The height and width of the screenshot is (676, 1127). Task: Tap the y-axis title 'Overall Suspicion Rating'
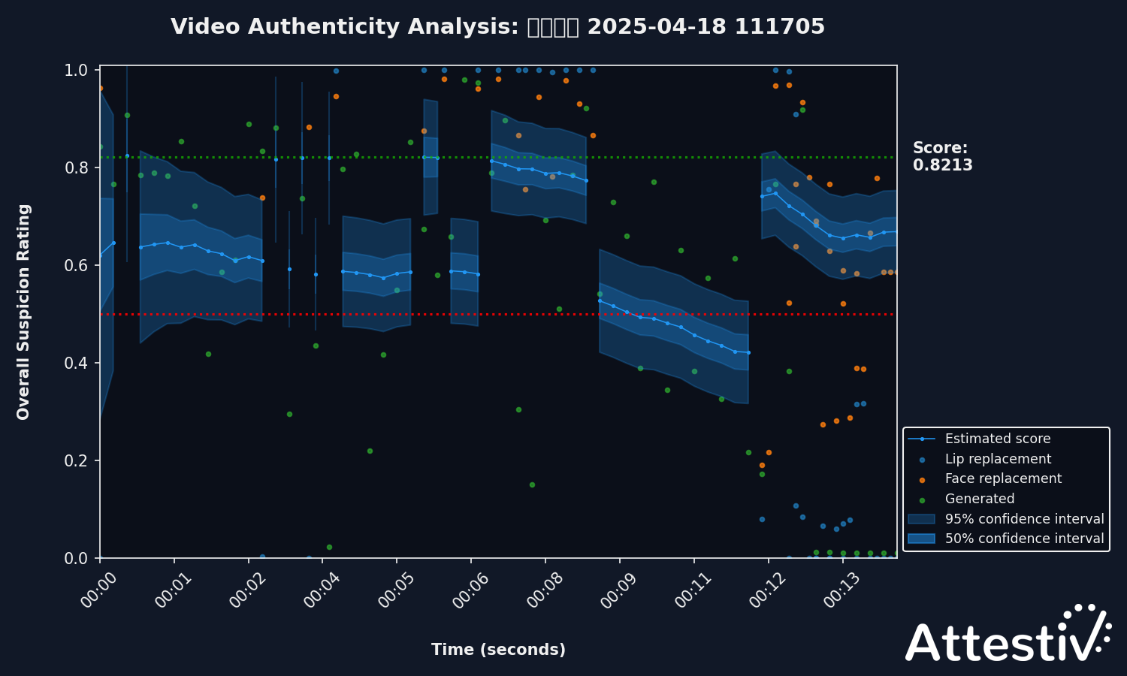[x=23, y=312]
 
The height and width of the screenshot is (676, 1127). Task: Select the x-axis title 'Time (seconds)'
[x=498, y=650]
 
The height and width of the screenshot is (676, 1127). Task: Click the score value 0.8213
[x=942, y=165]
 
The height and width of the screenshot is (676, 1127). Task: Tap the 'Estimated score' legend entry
[x=997, y=439]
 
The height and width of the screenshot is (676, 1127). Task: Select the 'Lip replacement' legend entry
[x=998, y=459]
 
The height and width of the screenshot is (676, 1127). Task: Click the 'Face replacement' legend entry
[x=1003, y=478]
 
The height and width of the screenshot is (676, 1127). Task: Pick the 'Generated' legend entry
[x=979, y=499]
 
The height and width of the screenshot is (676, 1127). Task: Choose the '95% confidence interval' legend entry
[x=1024, y=519]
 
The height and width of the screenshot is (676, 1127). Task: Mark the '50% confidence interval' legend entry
[x=1024, y=539]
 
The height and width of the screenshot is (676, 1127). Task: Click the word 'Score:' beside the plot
[x=940, y=148]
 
